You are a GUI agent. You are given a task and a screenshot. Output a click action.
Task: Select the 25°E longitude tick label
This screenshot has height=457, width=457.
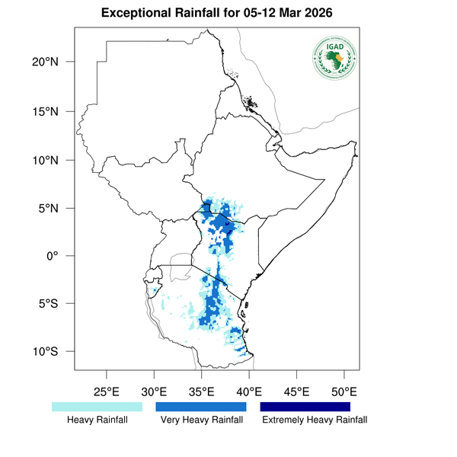[x=107, y=391]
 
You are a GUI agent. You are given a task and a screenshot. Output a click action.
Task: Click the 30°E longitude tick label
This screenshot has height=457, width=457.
[x=154, y=391]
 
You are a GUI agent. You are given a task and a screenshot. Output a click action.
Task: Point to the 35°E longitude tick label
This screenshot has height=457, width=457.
[x=202, y=391]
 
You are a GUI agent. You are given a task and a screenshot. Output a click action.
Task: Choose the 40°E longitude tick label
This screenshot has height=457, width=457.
[x=249, y=391]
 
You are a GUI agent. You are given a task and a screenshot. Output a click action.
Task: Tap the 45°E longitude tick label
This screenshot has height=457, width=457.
[x=296, y=391]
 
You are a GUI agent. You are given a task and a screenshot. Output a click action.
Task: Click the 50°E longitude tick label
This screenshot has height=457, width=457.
[x=344, y=391]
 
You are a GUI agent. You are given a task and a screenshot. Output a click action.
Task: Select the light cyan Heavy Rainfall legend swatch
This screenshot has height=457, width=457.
[x=97, y=407]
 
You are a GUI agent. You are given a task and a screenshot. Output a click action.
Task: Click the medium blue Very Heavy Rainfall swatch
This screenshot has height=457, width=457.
[x=201, y=407]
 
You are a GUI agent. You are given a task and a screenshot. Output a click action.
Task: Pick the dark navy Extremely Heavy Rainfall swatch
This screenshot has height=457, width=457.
[x=305, y=407]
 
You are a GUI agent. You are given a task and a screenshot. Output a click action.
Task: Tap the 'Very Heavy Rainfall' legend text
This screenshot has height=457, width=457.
[x=202, y=420]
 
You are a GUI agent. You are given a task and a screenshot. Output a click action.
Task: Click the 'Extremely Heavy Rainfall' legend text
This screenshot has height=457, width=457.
[x=315, y=420]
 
